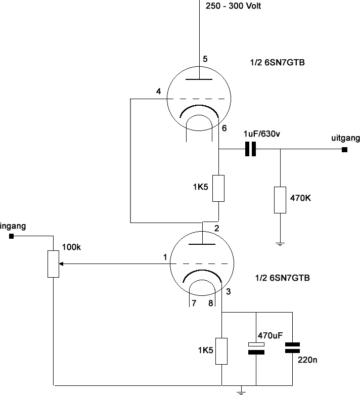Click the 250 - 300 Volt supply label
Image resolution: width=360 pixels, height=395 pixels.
pos(233,6)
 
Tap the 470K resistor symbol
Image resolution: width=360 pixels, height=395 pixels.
pos(280,200)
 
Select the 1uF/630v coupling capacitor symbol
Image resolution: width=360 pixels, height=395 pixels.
pos(250,149)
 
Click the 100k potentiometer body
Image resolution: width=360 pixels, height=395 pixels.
pos(54,264)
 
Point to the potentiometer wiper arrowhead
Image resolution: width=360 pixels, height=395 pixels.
pos(61,264)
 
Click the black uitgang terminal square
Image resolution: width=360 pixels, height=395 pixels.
pos(344,150)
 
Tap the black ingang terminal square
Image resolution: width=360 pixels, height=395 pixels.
pos(11,236)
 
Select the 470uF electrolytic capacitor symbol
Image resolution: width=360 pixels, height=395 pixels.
pos(256,348)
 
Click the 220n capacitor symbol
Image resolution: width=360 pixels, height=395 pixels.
pos(292,347)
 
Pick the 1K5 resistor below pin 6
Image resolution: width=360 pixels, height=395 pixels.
pos(218,189)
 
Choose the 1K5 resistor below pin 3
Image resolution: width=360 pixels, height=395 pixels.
pos(221,351)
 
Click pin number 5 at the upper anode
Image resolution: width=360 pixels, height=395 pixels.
pos(205,59)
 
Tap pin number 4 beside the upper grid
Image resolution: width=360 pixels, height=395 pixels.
pos(158,91)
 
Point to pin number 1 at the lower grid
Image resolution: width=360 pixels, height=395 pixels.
pos(165,257)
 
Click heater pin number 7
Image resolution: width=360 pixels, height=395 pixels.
pos(194,303)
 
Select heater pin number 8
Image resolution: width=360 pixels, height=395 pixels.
pos(211,303)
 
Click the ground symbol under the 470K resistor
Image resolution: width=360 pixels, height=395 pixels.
pos(280,244)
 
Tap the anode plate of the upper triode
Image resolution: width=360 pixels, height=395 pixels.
pos(199,79)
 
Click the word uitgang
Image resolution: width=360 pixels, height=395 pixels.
pos(345,138)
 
